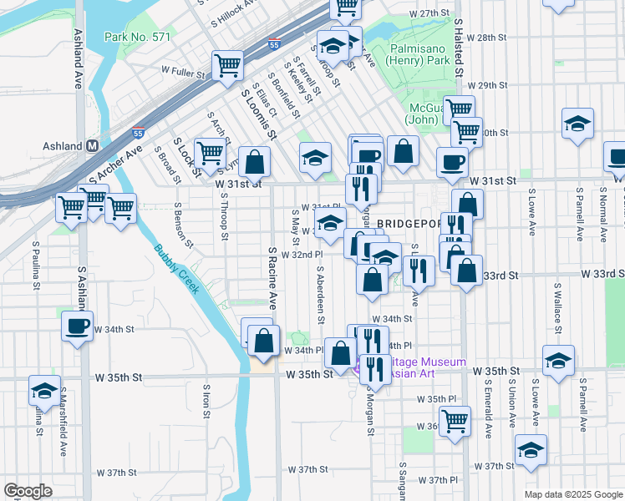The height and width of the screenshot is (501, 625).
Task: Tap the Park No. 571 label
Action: (137, 37)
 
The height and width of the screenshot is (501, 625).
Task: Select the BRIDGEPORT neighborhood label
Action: (407, 224)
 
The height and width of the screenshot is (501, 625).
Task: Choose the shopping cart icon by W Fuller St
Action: (227, 64)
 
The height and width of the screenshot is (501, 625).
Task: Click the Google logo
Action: (28, 490)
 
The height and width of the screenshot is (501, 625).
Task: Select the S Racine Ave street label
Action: (272, 278)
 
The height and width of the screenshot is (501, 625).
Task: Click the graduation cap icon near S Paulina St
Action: (44, 390)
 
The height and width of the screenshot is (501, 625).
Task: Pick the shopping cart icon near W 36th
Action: (455, 421)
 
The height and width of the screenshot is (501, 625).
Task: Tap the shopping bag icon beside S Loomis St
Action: (254, 161)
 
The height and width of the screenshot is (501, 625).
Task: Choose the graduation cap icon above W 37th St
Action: (530, 449)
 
